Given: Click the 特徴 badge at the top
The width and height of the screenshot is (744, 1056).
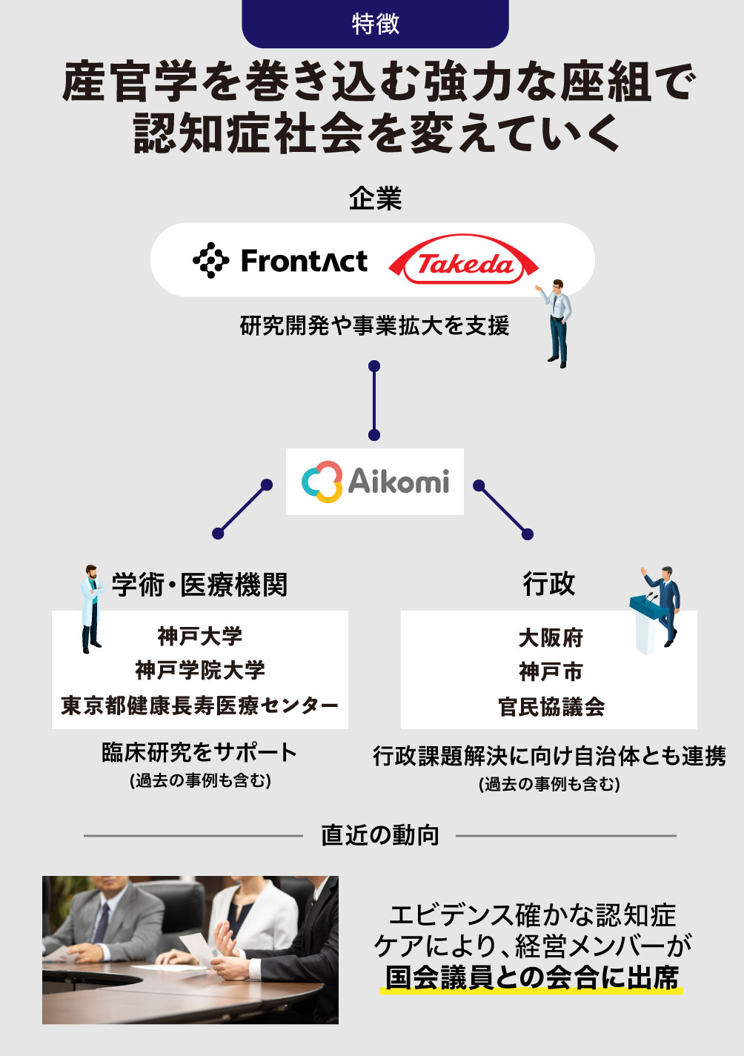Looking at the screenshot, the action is coord(375,24).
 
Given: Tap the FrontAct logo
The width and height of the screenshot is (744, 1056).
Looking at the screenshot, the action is coord(280,261).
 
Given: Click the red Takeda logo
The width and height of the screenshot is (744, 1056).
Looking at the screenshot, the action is coord(463,259).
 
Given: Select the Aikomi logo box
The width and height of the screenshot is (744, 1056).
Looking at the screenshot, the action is coord(375,482).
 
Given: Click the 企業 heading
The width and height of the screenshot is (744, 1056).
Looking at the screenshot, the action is coord(375,198).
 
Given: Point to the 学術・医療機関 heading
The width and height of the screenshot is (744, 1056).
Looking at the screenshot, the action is coord(199,585).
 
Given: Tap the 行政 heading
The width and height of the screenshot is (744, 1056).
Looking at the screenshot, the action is coord(549,584).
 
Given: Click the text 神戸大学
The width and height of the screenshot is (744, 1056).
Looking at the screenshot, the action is coord(200,636).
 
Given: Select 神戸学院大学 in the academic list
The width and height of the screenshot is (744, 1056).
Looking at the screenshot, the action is coord(200,671).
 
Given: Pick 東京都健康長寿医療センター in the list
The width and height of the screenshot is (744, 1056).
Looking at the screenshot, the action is coord(200,705).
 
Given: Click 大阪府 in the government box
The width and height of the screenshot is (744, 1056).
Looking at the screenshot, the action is coord(551,638).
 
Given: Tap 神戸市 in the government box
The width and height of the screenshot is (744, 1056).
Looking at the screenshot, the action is coord(551,672).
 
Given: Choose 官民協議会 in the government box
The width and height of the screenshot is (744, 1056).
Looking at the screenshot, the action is coord(551,707).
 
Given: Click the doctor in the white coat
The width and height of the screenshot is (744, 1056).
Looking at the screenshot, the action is coord(91,609).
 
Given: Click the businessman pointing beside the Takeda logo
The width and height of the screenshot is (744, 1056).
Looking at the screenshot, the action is coord(557,323).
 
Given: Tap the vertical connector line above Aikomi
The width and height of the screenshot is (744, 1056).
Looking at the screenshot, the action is coord(374,401).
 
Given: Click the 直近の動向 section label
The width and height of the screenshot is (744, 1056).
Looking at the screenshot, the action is coord(380,835).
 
